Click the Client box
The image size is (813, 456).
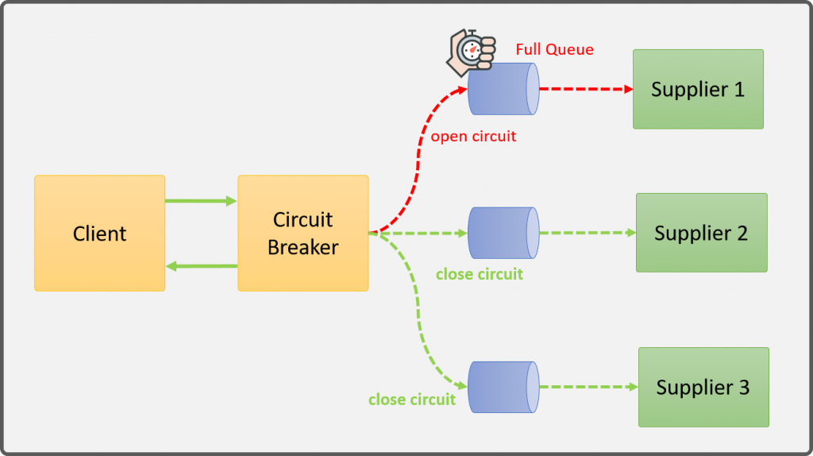pyautogui.click(x=99, y=233)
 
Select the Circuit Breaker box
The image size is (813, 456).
pyautogui.click(x=302, y=233)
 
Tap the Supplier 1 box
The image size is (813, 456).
pyautogui.click(x=698, y=89)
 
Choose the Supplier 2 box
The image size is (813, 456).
pyautogui.click(x=701, y=233)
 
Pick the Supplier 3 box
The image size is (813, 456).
pyautogui.click(x=703, y=387)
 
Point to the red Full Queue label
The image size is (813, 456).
pyautogui.click(x=554, y=49)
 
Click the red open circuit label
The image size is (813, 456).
pyautogui.click(x=473, y=137)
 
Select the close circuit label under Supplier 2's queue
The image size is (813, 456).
pyautogui.click(x=480, y=274)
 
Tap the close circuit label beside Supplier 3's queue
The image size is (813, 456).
pyautogui.click(x=411, y=399)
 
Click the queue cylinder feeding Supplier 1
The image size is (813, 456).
pyautogui.click(x=503, y=89)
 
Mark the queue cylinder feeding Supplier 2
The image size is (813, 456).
pyautogui.click(x=503, y=233)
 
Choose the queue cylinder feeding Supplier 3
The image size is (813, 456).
pyautogui.click(x=503, y=387)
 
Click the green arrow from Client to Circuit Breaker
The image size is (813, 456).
pyautogui.click(x=201, y=201)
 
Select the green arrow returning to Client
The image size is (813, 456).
pyautogui.click(x=201, y=266)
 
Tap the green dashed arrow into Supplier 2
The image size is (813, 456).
pyautogui.click(x=588, y=233)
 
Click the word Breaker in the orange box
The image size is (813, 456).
pyautogui.click(x=302, y=247)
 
